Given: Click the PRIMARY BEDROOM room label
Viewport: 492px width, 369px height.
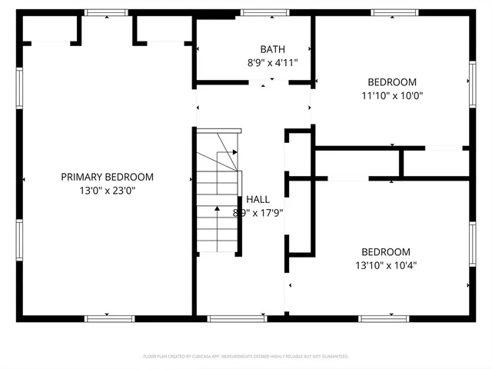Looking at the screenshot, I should coord(107,177).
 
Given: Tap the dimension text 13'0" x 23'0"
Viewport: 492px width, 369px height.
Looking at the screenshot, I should coord(107,191).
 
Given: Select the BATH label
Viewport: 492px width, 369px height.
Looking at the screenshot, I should coord(272,48).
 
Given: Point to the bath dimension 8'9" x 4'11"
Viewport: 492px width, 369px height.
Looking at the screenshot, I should coord(272,63).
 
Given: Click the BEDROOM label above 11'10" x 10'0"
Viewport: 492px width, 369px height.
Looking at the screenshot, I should coord(392,82).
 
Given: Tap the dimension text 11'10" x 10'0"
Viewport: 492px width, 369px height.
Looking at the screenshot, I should coord(392,96).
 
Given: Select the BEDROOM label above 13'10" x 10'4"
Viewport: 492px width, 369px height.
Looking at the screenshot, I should coord(386,251).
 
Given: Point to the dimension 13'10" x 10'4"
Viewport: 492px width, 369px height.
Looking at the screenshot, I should coord(386,265).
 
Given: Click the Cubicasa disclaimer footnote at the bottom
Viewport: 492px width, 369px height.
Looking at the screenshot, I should coord(246,357).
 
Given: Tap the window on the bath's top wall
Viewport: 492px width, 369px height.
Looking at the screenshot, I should coord(264,12).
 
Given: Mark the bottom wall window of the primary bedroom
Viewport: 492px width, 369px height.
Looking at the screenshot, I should coord(107,317).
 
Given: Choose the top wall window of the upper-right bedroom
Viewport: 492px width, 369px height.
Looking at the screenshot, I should coord(394,12).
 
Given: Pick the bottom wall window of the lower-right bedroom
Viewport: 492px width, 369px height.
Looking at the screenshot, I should coord(382,317).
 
